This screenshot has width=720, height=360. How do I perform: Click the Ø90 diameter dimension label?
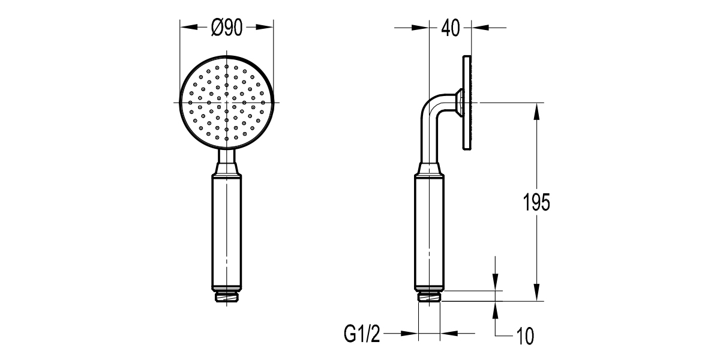click(227, 27)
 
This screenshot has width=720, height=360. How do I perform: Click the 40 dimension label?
click(451, 28)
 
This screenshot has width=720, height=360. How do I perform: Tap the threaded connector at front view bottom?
click(227, 296)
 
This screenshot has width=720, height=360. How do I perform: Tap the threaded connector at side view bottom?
click(430, 296)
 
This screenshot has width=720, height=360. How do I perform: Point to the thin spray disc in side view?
click(467, 103)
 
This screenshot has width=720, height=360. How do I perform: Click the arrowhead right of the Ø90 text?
click(265, 27)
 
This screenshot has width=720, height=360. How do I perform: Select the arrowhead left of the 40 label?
click(422, 27)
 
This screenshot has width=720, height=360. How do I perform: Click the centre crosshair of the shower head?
click(227, 103)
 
